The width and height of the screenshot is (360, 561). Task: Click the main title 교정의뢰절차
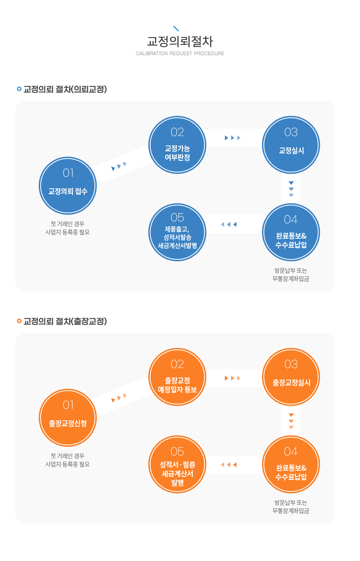point(180,41)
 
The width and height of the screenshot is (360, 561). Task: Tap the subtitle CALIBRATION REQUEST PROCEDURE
point(180,53)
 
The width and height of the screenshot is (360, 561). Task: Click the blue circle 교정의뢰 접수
point(68,185)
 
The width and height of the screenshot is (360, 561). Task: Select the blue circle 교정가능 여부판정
point(177,145)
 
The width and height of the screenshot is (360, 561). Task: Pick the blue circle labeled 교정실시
point(291,145)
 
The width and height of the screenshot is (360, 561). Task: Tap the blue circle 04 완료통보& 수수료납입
point(291,232)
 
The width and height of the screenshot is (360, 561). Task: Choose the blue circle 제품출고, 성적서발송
point(177,232)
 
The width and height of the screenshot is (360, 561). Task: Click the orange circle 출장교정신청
point(68,418)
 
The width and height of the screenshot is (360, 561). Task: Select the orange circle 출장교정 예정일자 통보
point(177,377)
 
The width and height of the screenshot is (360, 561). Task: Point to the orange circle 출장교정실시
point(291,377)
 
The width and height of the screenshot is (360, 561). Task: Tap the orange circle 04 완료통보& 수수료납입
point(291,464)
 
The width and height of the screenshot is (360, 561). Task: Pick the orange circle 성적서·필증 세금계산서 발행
point(177,464)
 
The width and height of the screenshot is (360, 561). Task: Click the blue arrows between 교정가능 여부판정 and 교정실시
point(233,138)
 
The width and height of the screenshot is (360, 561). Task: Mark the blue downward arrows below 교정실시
point(291,189)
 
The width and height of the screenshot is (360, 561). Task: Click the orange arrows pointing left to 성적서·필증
point(229,465)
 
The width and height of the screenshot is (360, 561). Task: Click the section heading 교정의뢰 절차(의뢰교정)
point(65,89)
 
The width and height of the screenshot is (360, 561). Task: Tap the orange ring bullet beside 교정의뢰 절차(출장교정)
point(19,321)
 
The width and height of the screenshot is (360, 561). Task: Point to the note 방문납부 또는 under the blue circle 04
point(291,270)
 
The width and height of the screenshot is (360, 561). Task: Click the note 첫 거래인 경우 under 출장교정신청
point(68,456)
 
